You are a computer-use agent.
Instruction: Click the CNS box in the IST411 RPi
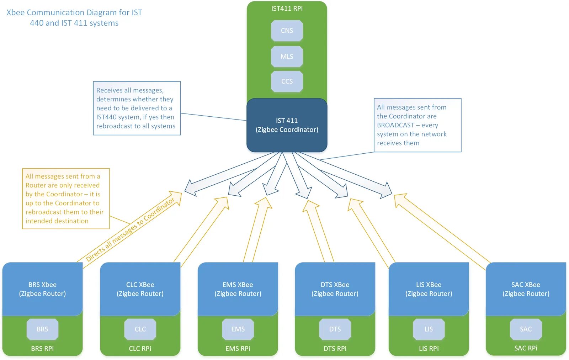coord(287,31)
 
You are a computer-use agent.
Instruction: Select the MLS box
coord(287,57)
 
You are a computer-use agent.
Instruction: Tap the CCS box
coord(287,81)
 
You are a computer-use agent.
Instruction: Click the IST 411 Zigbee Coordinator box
coord(287,125)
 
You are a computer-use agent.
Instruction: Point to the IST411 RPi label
coord(287,9)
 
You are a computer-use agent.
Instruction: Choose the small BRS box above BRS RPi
coord(42,329)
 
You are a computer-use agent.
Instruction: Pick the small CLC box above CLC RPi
coord(140,329)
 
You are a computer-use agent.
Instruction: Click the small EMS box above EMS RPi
coord(238,329)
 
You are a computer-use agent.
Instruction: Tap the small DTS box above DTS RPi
coord(335,329)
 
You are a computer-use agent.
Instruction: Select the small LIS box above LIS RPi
coord(429,329)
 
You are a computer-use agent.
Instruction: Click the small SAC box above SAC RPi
coord(526,329)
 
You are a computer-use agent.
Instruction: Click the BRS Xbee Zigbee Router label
coord(42,289)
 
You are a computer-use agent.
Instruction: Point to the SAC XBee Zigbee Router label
coord(526,289)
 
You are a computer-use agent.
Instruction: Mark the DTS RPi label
coord(335,349)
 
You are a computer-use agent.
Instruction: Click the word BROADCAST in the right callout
coord(395,125)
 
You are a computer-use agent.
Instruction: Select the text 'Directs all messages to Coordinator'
coord(130,229)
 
